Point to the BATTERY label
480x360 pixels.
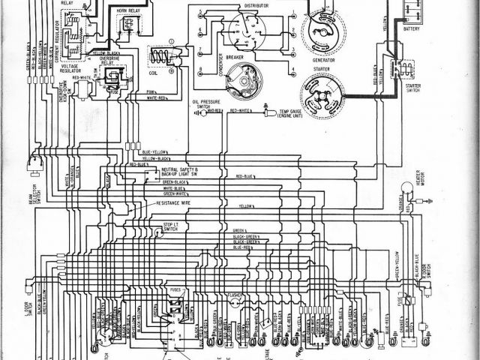click(x=412, y=28)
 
